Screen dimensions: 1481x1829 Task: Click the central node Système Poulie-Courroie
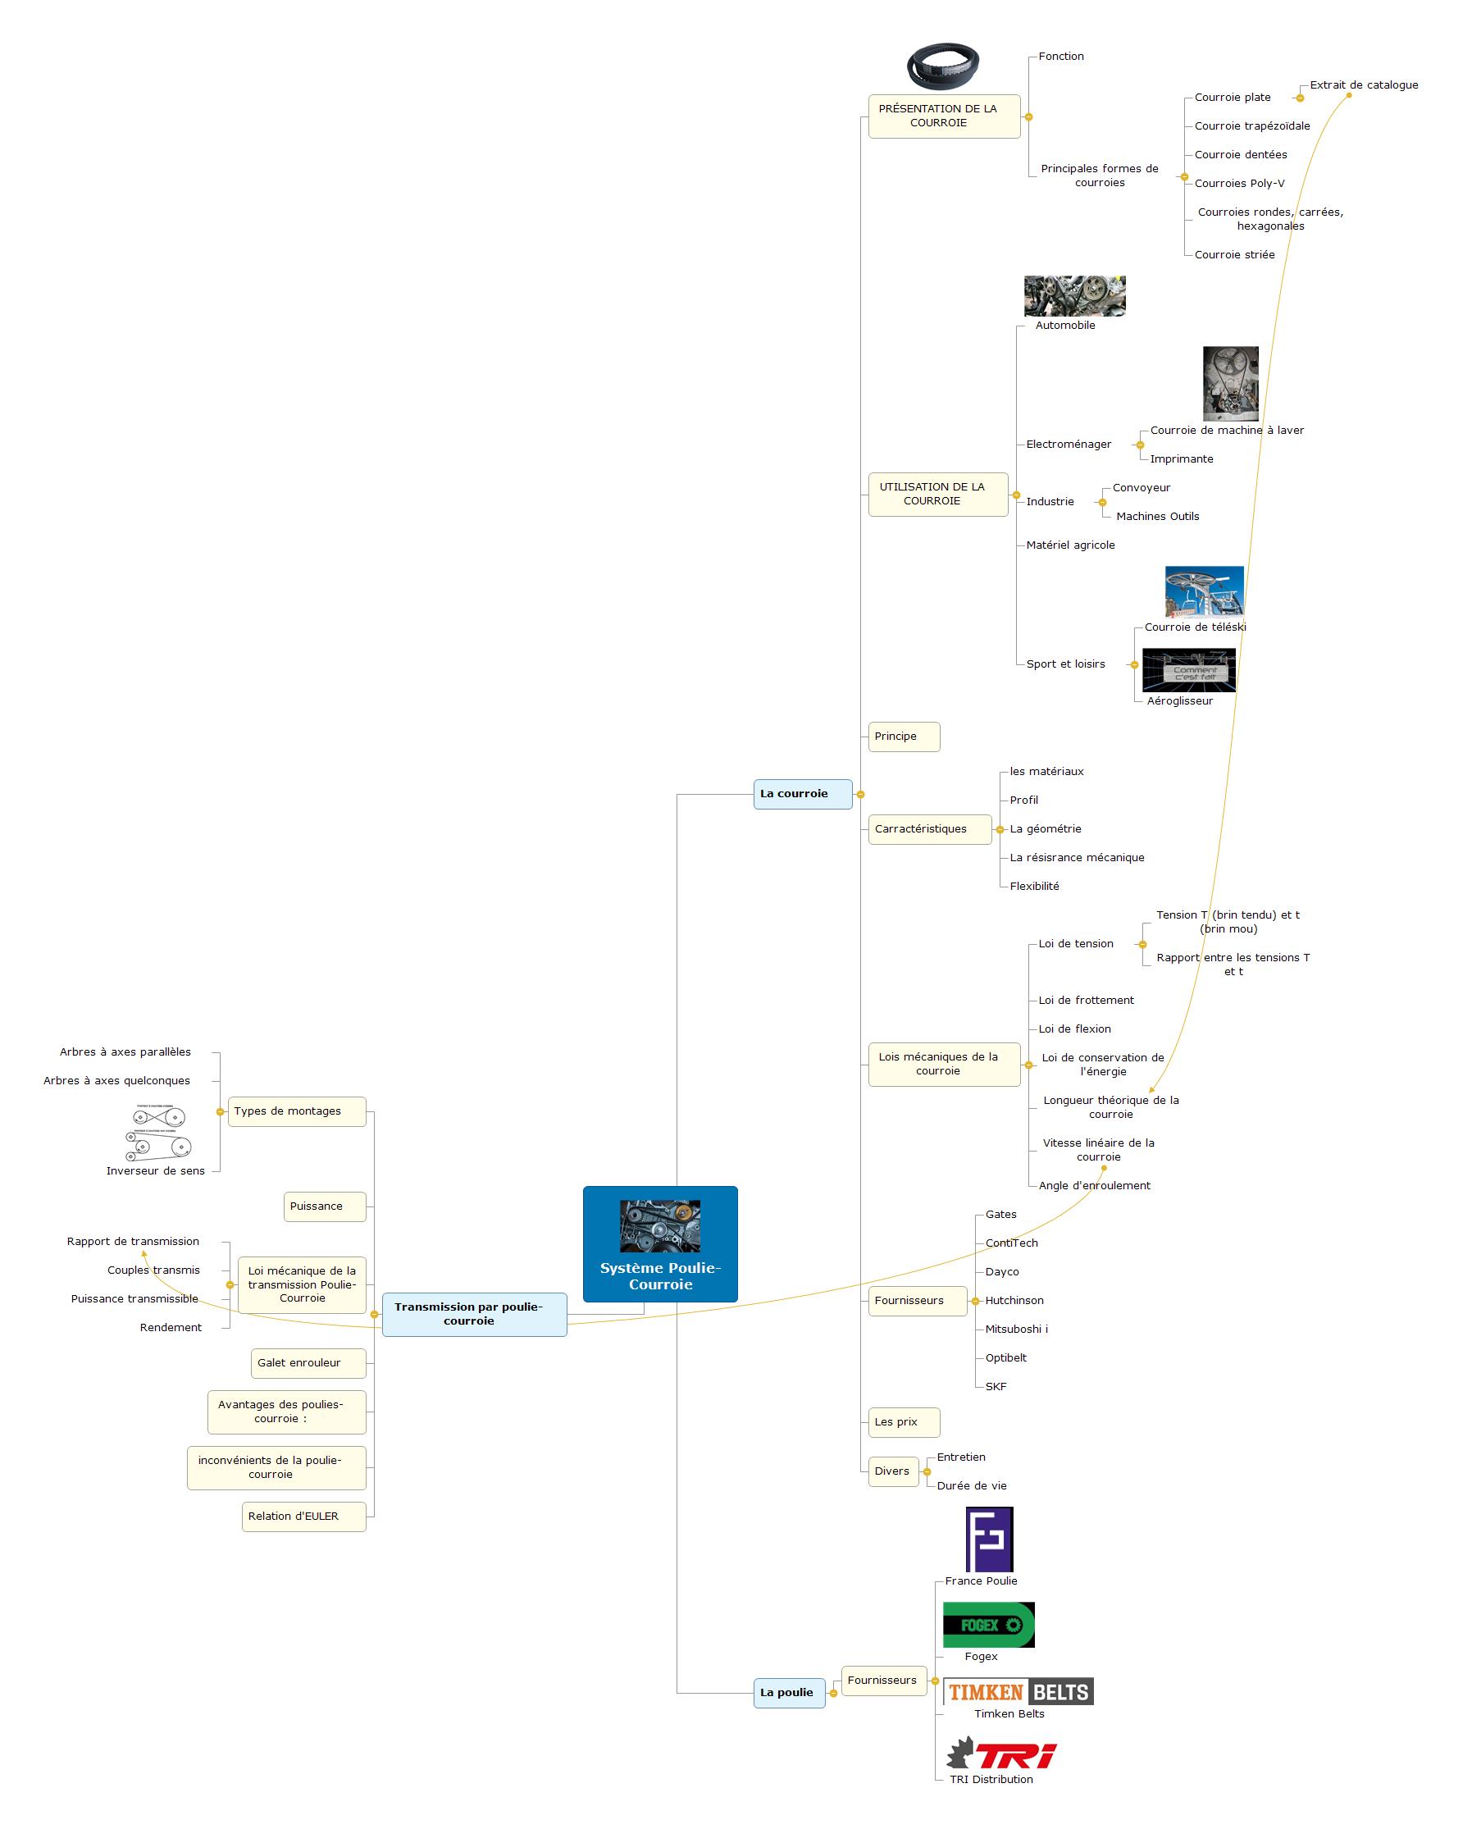coord(660,1243)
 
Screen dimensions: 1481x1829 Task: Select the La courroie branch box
coord(803,793)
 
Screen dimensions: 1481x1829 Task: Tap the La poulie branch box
coord(789,1693)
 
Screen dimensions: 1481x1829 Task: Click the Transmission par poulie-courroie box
coord(474,1314)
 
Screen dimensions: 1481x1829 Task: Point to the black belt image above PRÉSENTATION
coord(943,66)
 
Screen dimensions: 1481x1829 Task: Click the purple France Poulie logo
coord(989,1539)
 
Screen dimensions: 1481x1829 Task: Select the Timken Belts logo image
coord(1018,1692)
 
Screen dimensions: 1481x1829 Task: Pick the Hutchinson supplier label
coord(1014,1300)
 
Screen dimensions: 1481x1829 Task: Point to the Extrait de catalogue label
coord(1364,84)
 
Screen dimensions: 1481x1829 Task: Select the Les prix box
coord(905,1421)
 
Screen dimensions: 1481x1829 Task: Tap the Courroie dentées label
coord(1241,154)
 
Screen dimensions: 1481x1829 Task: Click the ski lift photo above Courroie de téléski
coord(1204,591)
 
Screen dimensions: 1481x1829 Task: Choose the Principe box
coord(905,737)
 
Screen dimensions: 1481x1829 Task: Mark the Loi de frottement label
coord(1086,1000)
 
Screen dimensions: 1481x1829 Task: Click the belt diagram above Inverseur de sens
coord(159,1132)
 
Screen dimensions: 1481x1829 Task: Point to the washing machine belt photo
coord(1230,384)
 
